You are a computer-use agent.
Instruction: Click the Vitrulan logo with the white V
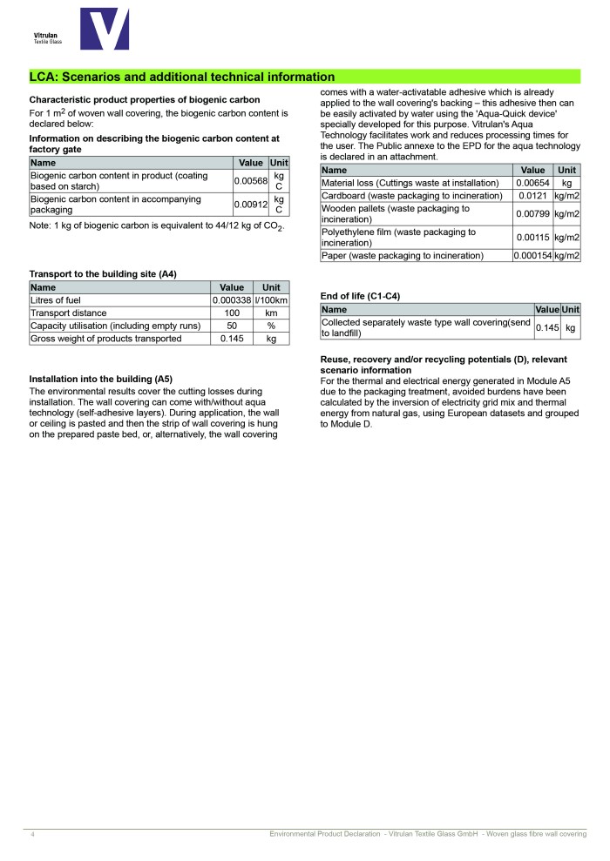click(104, 29)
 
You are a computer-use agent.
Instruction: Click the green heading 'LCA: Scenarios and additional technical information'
click(182, 77)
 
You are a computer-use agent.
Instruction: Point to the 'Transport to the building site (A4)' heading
click(103, 274)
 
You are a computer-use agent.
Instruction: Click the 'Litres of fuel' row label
click(56, 300)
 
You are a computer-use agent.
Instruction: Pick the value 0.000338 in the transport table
click(232, 300)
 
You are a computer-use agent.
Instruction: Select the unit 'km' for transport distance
click(271, 313)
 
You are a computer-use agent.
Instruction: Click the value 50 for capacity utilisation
click(232, 326)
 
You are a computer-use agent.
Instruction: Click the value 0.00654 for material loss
click(532, 183)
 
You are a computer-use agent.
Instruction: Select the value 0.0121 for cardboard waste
click(532, 196)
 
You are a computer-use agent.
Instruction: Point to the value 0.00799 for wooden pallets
click(532, 214)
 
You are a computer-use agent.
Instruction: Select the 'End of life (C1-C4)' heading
click(360, 296)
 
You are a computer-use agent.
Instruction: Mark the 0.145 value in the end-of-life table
click(546, 327)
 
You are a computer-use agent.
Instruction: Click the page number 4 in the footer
click(32, 835)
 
